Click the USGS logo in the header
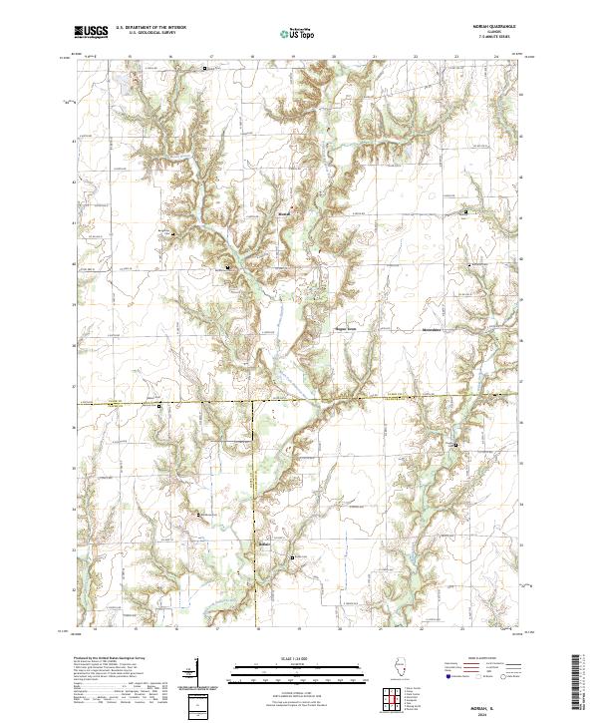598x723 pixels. pyautogui.click(x=92, y=32)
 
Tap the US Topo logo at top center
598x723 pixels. pyautogui.click(x=298, y=33)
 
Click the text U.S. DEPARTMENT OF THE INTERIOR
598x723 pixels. pyautogui.click(x=150, y=28)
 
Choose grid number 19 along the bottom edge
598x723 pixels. pyautogui.click(x=298, y=630)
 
